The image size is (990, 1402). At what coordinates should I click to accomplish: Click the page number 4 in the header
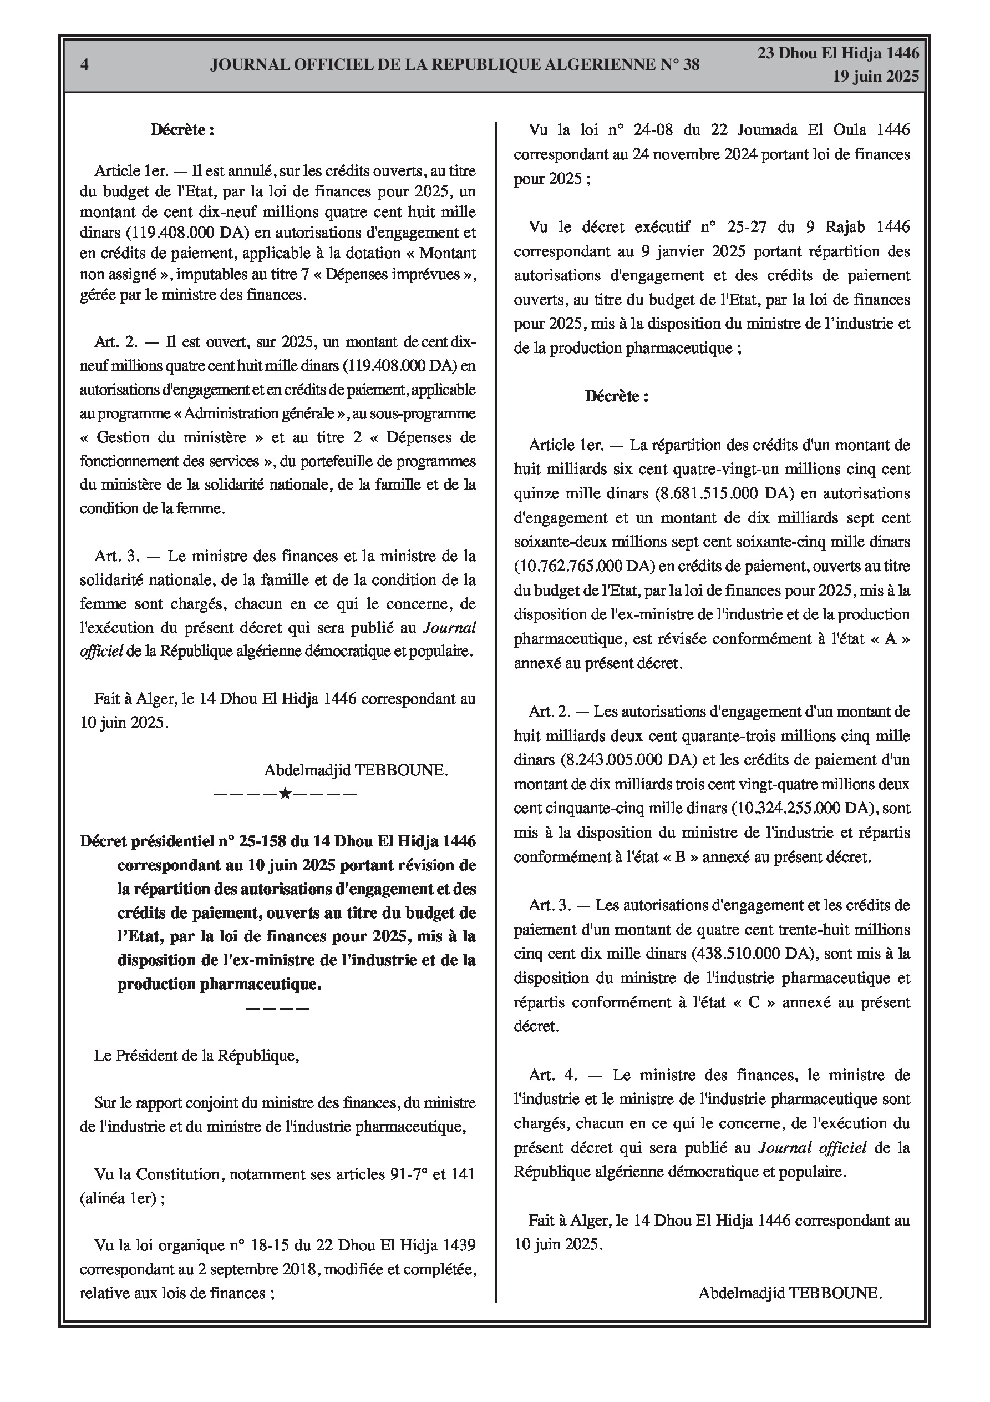pos(85,65)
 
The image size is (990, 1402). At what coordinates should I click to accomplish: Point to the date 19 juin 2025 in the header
pos(875,77)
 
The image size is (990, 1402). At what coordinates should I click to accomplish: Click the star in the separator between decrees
pos(285,794)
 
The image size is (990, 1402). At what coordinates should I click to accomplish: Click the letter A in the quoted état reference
pos(890,639)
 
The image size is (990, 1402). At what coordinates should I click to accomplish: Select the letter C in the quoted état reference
pos(753,1002)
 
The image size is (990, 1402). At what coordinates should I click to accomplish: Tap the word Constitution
pos(175,1174)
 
